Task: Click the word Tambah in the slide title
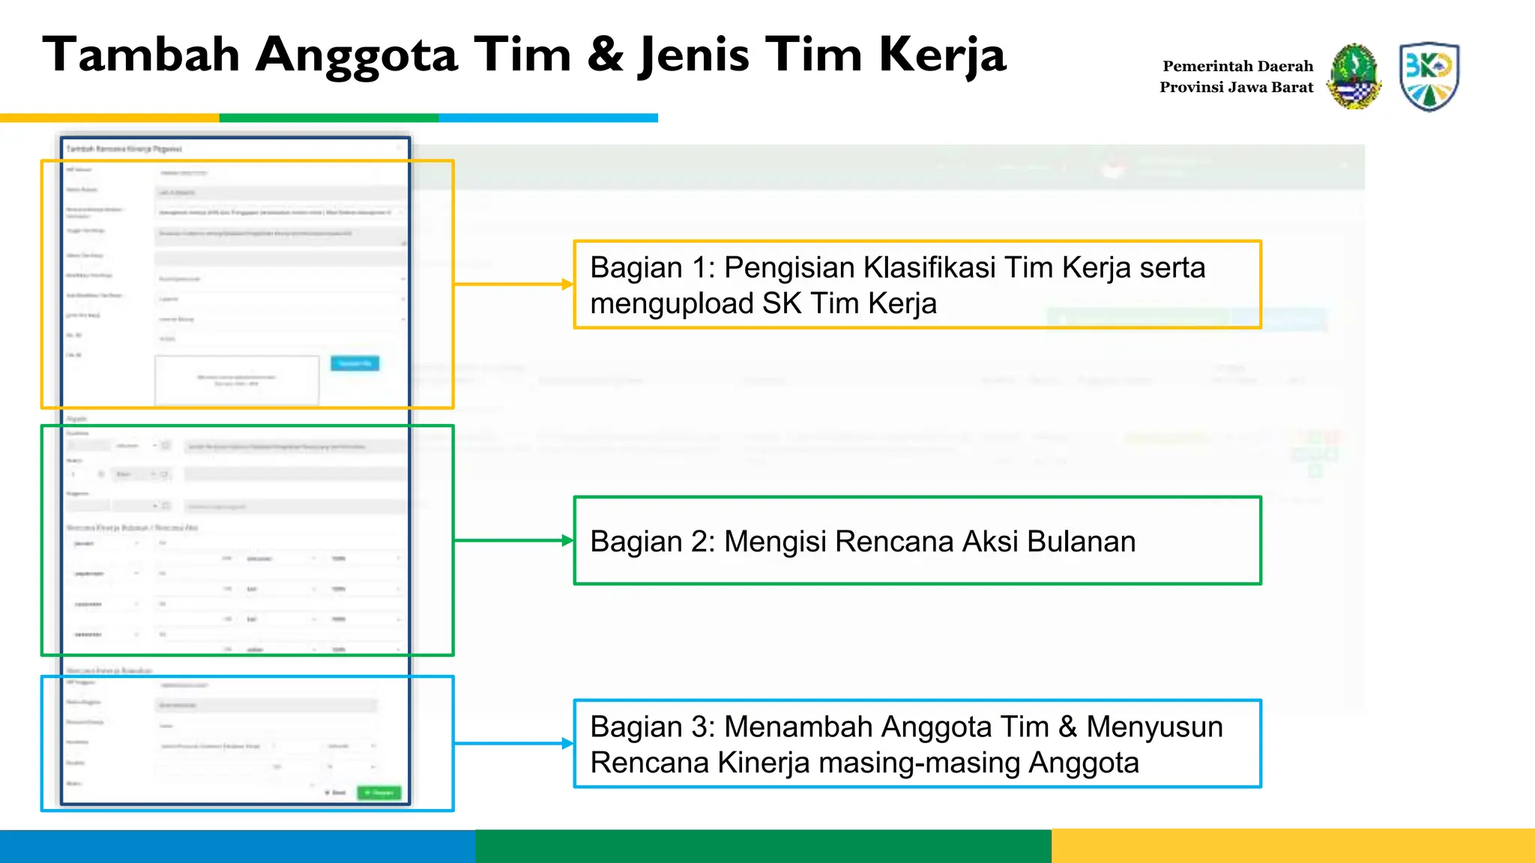coord(141,55)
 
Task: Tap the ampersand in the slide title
coord(606,55)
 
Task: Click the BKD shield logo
coord(1429,76)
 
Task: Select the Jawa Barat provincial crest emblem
coord(1354,76)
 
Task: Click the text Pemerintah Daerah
coord(1237,66)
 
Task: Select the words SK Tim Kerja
coord(849,303)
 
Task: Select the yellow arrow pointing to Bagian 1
coord(513,285)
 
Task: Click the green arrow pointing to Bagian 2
coord(513,540)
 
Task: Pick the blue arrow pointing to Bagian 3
coord(513,743)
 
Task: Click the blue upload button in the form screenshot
coord(355,363)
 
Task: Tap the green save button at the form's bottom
coord(379,792)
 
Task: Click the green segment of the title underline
coord(328,118)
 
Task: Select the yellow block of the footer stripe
coord(1293,846)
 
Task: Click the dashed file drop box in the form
coord(237,380)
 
